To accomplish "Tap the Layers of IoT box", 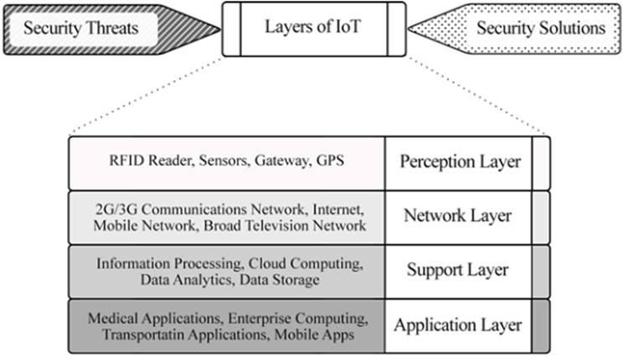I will point(315,28).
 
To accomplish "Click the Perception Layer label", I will point(461,161).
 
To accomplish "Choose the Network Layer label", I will point(457,216).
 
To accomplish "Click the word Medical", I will point(111,319).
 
